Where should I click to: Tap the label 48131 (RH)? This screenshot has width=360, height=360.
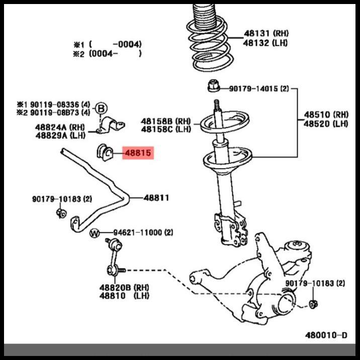(x=266, y=34)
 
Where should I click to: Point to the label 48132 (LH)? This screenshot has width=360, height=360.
(x=266, y=43)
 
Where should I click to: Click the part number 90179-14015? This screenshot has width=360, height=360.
(x=253, y=89)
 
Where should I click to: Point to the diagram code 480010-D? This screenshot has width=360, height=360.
(x=326, y=334)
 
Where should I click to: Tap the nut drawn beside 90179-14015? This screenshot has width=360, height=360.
(x=212, y=87)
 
